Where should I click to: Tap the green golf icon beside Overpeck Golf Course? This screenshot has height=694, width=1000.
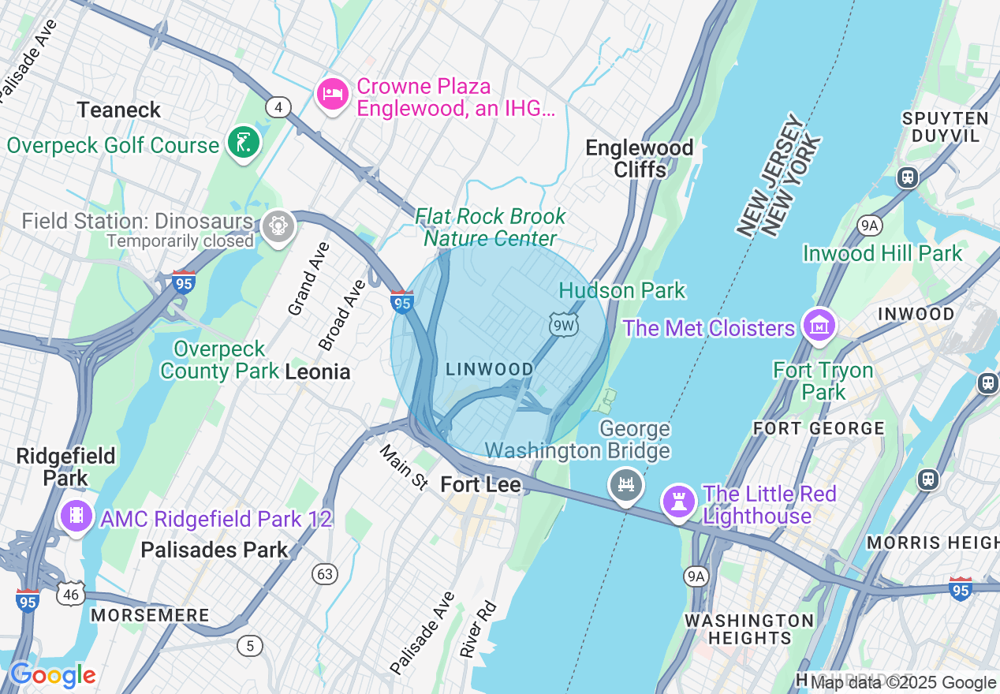(x=244, y=143)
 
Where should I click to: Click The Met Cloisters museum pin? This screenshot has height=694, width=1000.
(x=819, y=325)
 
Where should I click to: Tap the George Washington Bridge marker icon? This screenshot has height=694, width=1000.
(x=626, y=483)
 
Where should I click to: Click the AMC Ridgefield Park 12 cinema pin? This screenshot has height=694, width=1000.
(x=76, y=516)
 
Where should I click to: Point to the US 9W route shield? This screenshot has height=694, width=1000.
(x=564, y=324)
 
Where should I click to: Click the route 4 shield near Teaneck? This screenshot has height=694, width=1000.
(x=278, y=106)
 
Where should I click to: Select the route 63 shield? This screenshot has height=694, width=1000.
(x=325, y=574)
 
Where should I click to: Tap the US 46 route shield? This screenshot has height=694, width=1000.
(x=71, y=594)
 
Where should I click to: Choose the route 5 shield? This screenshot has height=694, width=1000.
(x=250, y=646)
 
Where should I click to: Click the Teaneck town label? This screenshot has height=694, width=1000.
(x=119, y=110)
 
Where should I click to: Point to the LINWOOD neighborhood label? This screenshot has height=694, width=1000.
(x=490, y=369)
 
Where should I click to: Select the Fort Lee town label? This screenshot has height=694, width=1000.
(x=480, y=484)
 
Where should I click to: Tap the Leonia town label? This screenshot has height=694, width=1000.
(x=318, y=371)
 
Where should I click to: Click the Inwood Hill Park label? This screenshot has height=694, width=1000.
(x=882, y=253)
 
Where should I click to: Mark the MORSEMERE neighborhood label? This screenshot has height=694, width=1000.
(x=150, y=615)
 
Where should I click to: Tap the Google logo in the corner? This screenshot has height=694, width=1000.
(x=53, y=676)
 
